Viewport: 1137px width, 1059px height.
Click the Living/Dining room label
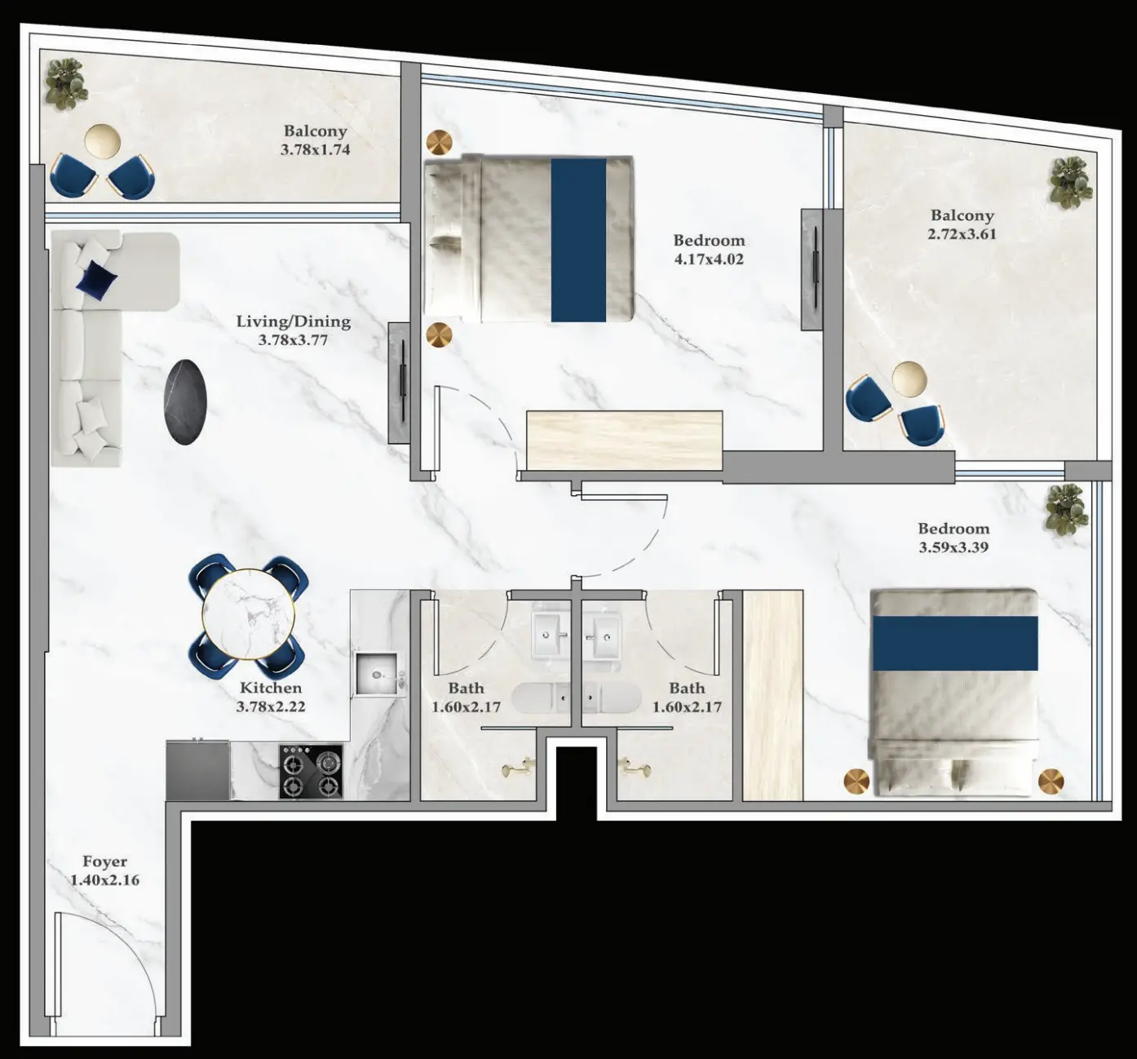293,321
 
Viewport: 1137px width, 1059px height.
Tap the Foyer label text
104,862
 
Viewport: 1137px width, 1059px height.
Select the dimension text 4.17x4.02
709,259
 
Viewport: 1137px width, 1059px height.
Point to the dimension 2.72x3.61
962,234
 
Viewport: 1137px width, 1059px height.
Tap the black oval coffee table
186,401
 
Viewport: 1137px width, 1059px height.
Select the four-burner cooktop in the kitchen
311,771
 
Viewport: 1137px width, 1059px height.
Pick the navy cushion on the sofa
96,279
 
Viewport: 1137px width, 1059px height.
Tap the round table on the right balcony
909,379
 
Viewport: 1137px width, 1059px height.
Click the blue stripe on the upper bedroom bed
578,239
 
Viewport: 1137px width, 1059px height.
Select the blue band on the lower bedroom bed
955,642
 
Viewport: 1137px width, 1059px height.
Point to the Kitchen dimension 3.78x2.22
271,707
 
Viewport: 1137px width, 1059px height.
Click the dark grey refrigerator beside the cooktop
198,770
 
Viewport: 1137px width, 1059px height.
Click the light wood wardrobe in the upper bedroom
624,440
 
